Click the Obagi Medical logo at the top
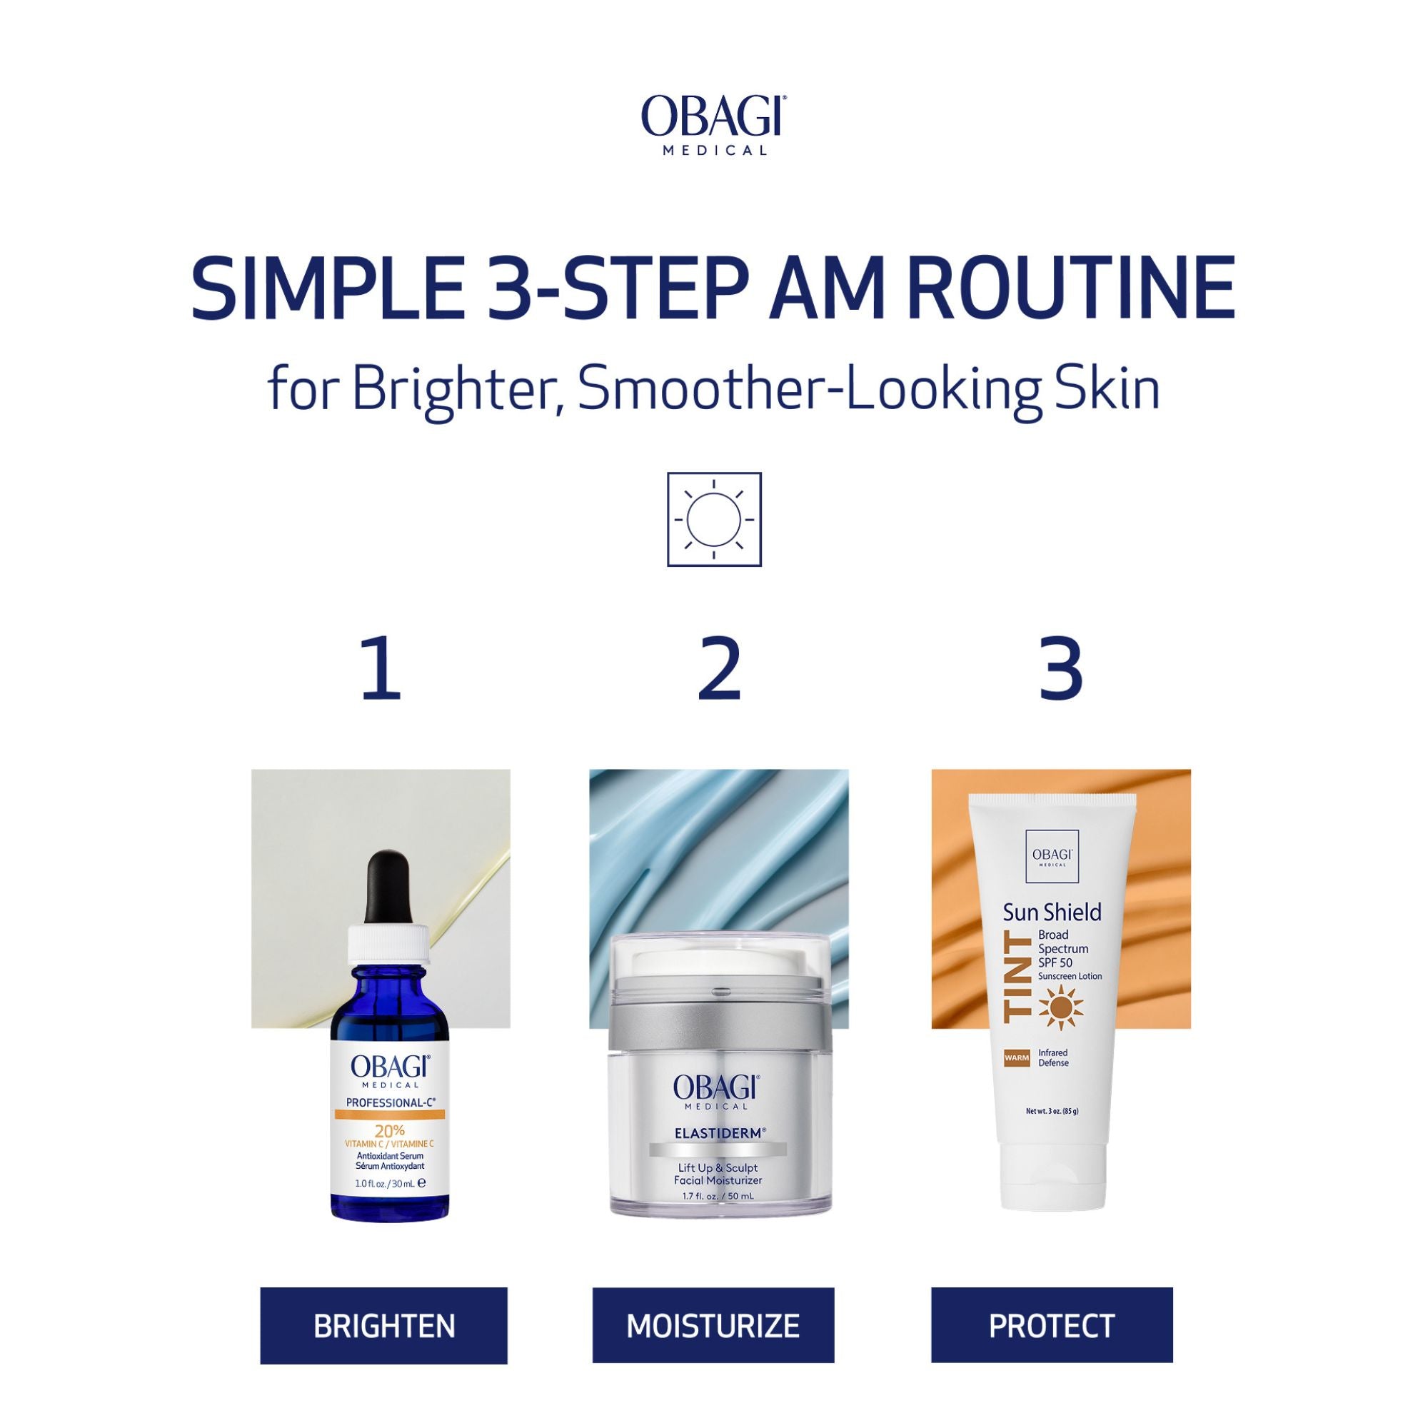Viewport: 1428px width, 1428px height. tap(713, 124)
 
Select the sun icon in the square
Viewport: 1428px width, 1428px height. tap(713, 519)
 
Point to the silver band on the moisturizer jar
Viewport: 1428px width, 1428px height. tap(719, 1028)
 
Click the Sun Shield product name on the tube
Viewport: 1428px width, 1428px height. tap(1052, 911)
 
